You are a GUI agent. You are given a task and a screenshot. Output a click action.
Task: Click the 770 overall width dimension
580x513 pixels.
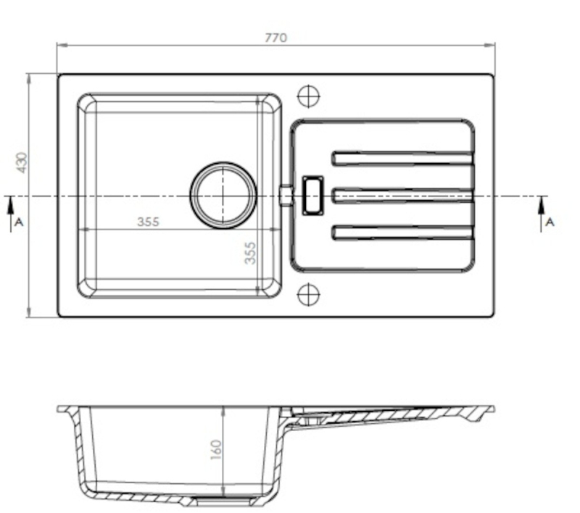click(276, 38)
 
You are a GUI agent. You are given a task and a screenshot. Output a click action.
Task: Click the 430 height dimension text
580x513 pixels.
click(22, 162)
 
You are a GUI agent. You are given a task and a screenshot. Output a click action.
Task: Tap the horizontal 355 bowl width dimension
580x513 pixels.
click(149, 222)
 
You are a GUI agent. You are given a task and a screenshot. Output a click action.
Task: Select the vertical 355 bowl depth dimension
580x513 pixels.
click(250, 253)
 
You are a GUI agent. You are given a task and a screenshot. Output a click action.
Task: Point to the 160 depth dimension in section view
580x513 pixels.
click(216, 450)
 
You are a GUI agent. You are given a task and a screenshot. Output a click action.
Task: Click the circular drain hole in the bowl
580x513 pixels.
click(223, 195)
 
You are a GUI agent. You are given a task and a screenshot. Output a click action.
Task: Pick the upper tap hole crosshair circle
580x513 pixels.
click(309, 96)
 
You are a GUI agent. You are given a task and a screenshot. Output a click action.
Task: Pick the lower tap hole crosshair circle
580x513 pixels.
click(309, 295)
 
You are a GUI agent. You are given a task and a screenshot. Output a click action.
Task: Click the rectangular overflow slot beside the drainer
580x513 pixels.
click(313, 196)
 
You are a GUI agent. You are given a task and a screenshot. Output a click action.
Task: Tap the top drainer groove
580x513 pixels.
click(402, 158)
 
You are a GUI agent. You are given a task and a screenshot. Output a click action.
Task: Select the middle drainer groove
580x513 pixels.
click(402, 196)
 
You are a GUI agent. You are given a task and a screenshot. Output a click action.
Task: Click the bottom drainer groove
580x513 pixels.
click(402, 233)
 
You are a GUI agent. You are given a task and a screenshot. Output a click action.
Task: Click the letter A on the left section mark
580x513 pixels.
click(19, 222)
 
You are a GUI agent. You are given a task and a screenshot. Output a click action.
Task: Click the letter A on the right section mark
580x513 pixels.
click(550, 222)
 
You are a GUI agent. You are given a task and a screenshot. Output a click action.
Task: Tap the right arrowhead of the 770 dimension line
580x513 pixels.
click(490, 45)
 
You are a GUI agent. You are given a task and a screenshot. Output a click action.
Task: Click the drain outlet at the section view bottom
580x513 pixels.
click(224, 501)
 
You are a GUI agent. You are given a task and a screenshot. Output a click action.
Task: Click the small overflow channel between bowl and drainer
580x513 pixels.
click(286, 195)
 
